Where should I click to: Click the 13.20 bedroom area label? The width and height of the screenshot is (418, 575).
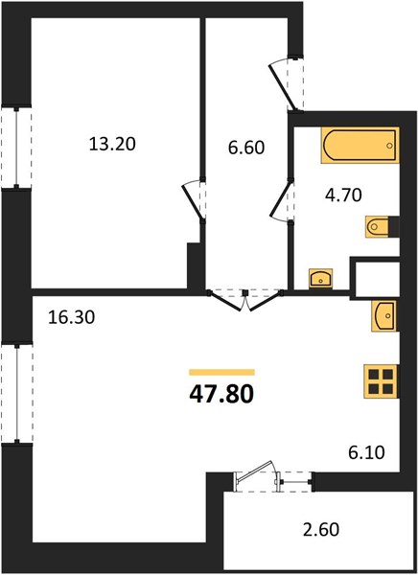(x=112, y=144)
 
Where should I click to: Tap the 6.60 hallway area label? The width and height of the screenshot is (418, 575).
(x=246, y=148)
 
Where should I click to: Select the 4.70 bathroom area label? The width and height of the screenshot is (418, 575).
(x=343, y=195)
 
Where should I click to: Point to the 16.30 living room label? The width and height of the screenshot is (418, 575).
(x=72, y=317)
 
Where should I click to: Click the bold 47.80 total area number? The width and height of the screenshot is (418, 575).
(x=221, y=394)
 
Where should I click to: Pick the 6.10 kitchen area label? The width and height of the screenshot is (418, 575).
(x=366, y=452)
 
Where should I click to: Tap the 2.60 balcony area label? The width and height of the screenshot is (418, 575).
(x=321, y=530)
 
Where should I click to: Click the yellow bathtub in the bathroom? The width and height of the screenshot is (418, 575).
(x=360, y=146)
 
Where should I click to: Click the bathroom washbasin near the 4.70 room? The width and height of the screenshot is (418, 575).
(x=321, y=278)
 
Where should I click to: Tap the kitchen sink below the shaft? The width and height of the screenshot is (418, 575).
(x=384, y=315)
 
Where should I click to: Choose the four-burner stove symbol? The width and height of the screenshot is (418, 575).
(x=381, y=381)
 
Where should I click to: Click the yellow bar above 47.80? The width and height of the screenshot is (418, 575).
(x=222, y=373)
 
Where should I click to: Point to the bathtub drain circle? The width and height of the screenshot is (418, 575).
(x=389, y=146)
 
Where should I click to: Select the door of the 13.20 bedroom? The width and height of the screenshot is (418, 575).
(x=194, y=201)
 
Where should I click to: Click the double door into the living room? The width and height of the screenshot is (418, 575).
(x=245, y=301)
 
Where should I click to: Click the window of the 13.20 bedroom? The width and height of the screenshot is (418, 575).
(x=16, y=148)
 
